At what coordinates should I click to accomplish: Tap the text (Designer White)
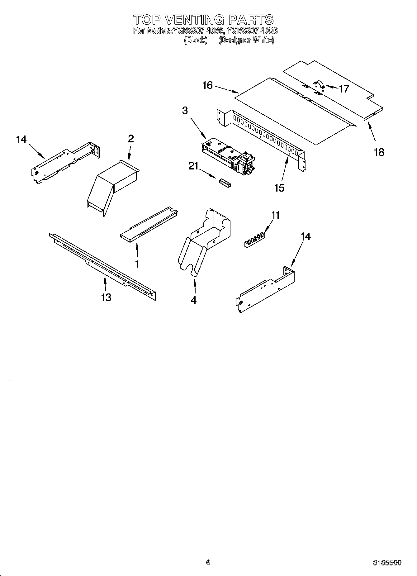[x=246, y=40]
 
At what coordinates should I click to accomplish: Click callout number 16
[x=207, y=85]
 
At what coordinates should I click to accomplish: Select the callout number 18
[x=379, y=152]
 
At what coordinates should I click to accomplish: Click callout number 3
[x=185, y=111]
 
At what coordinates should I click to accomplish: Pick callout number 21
[x=193, y=167]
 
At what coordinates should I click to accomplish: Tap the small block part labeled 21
[x=225, y=183]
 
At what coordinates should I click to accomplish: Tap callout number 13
[x=106, y=297]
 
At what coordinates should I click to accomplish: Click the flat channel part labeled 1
[x=149, y=224]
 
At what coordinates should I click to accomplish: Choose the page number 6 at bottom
[x=208, y=562]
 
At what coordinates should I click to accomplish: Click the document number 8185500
[x=387, y=563]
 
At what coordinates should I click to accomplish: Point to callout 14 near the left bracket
[x=21, y=140]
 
